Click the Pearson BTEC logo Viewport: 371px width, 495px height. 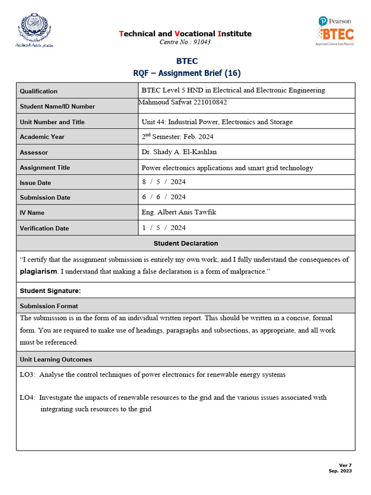pos(335,30)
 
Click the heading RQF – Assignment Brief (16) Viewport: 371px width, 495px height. pos(186,73)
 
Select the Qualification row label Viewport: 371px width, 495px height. pos(39,91)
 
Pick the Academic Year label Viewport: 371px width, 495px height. pos(42,137)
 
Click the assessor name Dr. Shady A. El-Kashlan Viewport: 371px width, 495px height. pos(179,152)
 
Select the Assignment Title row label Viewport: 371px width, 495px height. pos(45,168)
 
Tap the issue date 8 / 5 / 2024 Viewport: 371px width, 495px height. pos(164,182)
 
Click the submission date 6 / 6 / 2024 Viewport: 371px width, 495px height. pos(164,197)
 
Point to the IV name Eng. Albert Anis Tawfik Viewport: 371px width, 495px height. pos(179,212)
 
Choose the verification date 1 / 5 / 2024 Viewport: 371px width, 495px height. pos(164,228)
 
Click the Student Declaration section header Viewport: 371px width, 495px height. pos(185,243)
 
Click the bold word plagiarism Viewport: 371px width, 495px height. pos(38,272)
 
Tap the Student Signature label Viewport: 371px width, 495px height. pos(50,291)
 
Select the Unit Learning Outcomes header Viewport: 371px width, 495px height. pos(56,359)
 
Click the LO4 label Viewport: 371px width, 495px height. pos(27,397)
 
